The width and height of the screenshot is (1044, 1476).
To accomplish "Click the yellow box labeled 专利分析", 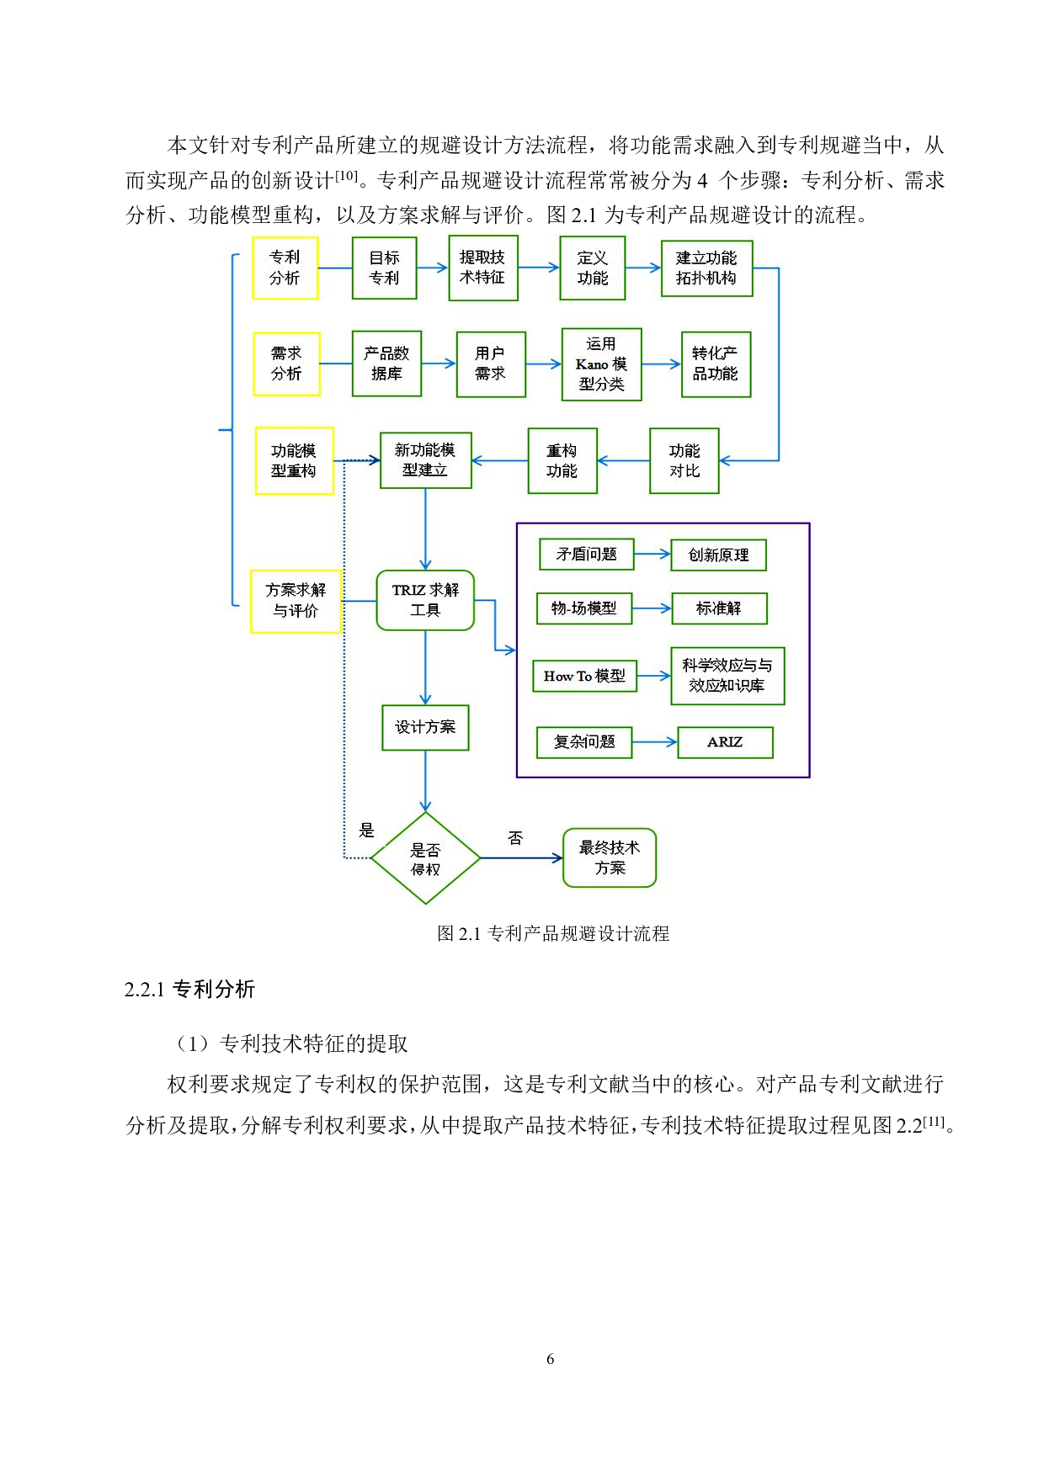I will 285,268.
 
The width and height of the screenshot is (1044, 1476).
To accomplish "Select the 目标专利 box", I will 384,268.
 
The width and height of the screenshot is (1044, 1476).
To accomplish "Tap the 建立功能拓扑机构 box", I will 706,268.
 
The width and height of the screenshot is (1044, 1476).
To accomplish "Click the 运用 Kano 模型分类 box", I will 601,364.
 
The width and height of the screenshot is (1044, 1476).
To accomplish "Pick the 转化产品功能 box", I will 716,364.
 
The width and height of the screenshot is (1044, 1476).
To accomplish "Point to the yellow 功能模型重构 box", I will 294,460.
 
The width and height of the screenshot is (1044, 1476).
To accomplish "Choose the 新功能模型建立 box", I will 425,460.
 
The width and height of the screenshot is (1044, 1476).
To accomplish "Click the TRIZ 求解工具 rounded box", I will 425,600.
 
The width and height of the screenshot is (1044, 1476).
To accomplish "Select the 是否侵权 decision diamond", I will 425,858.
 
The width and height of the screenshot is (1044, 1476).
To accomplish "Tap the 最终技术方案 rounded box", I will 609,857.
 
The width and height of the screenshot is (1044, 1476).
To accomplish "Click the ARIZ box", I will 725,742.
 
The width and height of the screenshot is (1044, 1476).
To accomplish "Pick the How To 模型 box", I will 584,676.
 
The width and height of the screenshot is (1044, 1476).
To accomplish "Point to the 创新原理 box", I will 718,555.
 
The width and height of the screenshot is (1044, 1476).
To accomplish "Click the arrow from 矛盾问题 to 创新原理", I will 652,555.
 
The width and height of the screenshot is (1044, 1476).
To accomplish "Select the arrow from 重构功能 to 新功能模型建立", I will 499,461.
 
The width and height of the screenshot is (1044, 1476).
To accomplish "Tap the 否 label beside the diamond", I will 515,838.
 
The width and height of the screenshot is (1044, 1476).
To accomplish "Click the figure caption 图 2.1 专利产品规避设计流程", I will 553,933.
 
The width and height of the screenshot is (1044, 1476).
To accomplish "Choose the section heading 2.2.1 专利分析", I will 189,990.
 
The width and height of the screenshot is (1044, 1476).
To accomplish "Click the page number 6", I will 550,1358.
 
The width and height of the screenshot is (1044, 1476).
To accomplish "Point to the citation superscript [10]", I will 346,176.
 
